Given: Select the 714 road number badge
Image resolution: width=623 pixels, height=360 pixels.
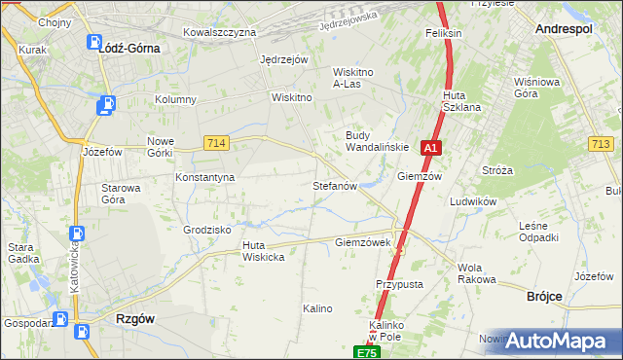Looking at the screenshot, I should click(217, 143).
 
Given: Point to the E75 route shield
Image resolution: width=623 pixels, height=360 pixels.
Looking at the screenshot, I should click(365, 351).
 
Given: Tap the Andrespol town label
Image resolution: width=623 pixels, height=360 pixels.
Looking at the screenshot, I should click(564, 30).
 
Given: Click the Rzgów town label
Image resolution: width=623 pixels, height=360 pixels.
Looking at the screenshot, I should click(135, 318).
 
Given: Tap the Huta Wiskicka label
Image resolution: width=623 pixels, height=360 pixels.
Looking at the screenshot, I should click(263, 251).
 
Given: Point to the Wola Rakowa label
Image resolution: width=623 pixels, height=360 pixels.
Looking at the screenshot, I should click(476, 273).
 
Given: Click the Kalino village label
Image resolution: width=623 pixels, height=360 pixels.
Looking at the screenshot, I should click(317, 308).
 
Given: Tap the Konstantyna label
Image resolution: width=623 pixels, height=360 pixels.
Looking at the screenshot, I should click(204, 178).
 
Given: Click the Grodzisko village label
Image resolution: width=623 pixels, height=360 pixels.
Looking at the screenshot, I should click(206, 230).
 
